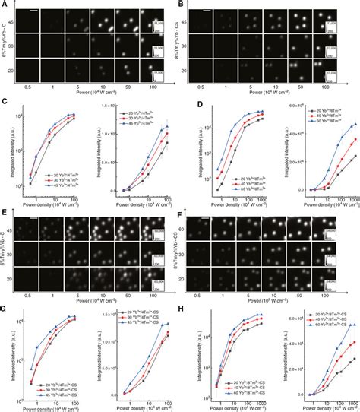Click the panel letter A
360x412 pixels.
tap(4, 4)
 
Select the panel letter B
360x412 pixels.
tap(182, 4)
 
